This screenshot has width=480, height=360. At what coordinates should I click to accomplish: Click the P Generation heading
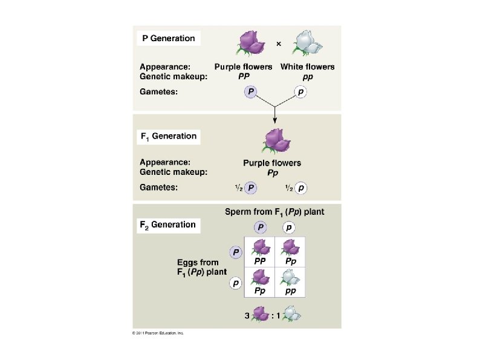(168, 38)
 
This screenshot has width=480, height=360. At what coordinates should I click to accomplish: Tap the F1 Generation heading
(168, 136)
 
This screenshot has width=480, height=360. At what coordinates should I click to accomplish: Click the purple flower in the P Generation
(248, 43)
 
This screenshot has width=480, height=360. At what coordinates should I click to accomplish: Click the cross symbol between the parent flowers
(278, 44)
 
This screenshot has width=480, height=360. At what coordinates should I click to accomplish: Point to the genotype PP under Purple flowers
(243, 76)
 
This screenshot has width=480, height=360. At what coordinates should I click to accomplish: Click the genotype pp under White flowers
(307, 76)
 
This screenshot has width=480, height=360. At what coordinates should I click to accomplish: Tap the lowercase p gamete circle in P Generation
(301, 91)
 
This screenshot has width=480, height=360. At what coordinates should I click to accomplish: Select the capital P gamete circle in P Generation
(251, 91)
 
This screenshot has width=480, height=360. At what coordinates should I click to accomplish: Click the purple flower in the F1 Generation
(275, 141)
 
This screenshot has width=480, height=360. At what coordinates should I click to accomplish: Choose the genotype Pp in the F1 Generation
(272, 172)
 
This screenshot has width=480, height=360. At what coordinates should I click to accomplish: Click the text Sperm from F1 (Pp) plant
(274, 212)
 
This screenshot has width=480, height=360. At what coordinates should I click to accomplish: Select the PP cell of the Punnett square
(260, 252)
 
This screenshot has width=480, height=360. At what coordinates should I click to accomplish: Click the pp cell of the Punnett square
(290, 281)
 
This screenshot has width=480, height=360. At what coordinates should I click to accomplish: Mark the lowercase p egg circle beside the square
(236, 283)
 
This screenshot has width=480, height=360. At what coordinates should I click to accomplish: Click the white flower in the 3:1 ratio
(293, 313)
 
